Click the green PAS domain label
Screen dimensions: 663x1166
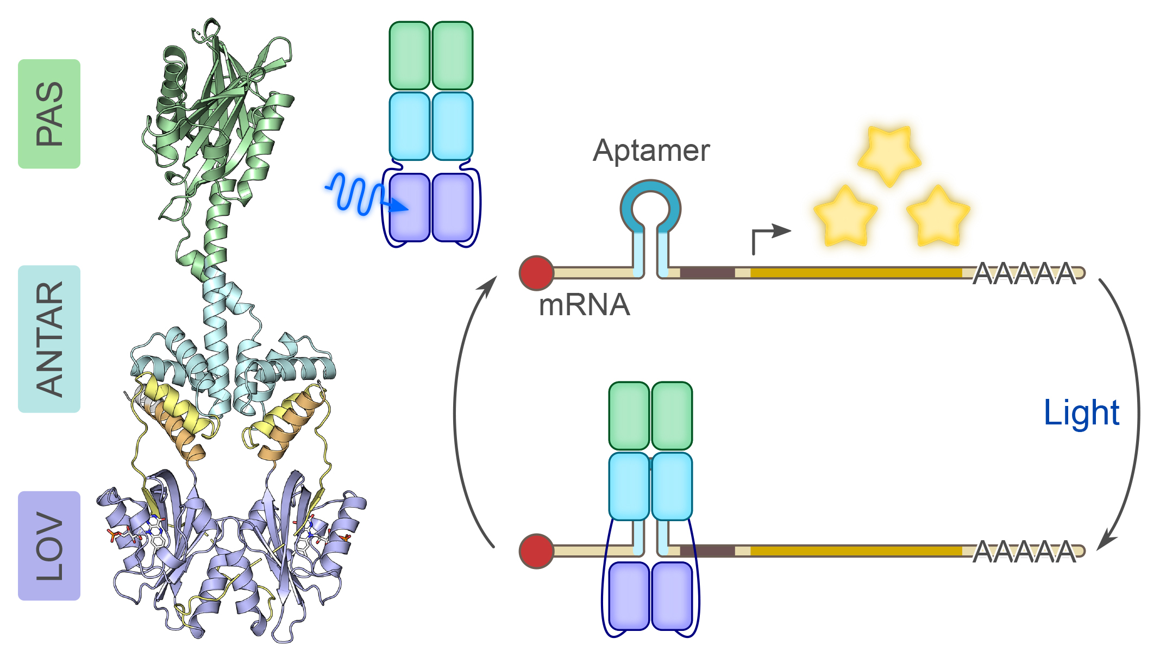coord(49,114)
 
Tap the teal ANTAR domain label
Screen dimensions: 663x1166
coord(49,339)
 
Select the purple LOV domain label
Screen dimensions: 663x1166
coord(49,546)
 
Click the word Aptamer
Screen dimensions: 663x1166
coord(651,151)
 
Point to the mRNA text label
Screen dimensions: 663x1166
coord(584,305)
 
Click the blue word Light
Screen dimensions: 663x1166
coord(1081,413)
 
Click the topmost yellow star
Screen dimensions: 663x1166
coord(889,154)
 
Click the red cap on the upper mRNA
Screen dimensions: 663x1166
coord(536,273)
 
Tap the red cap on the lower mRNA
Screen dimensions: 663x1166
coord(536,551)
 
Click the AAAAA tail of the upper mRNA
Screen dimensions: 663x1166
coord(1024,273)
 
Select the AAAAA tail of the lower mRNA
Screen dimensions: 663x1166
coord(1024,552)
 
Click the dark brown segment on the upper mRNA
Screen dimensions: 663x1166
coord(707,273)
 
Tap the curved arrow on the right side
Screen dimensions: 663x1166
coord(1133,413)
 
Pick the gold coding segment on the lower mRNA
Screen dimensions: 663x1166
coord(856,551)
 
